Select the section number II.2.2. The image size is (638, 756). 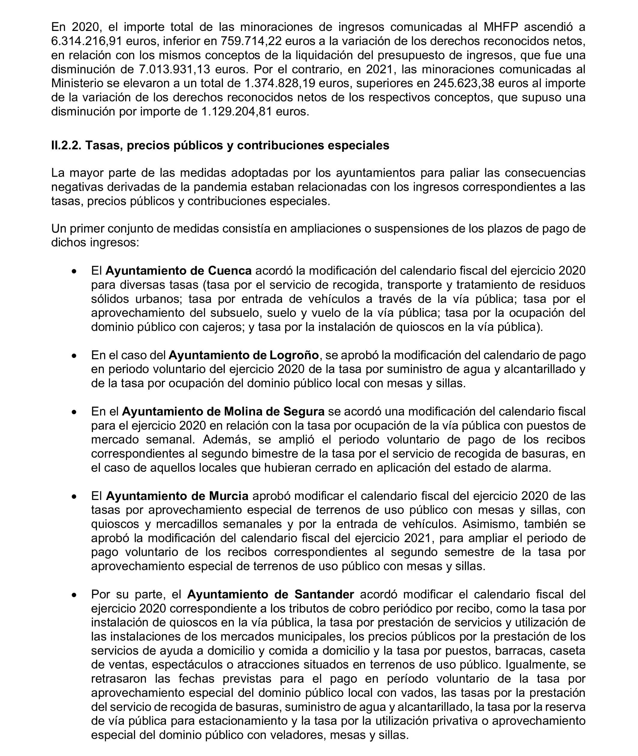pos(66,145)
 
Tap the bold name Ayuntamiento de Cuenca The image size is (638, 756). pos(179,271)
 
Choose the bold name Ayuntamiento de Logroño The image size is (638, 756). pos(243,355)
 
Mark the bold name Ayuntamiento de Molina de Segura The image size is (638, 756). pos(223,412)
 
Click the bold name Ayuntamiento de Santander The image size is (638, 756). pos(270,595)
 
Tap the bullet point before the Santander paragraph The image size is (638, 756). pos(74,595)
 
